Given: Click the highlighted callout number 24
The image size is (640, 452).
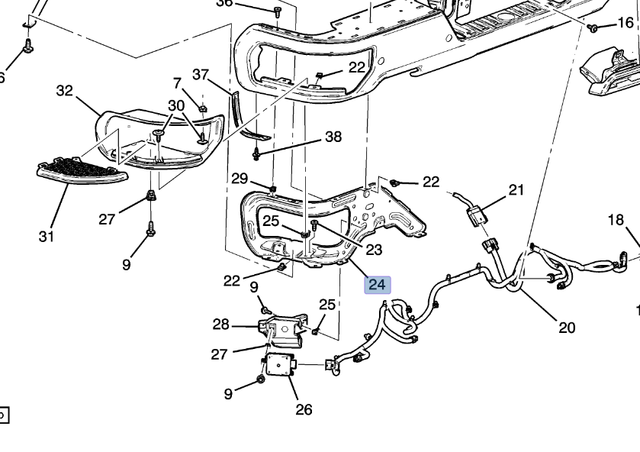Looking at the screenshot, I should click(377, 285).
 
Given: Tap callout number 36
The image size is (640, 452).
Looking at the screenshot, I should click(225, 4).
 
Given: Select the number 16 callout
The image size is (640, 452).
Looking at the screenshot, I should click(626, 22).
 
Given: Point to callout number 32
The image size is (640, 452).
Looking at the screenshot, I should click(65, 91).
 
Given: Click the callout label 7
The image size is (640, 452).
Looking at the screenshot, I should click(177, 83).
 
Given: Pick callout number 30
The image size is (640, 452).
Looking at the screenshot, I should click(176, 105).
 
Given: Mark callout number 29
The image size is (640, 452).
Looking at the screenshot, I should click(239, 178).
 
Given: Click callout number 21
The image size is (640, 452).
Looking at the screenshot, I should click(516, 189).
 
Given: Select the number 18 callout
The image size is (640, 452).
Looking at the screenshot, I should click(616, 219).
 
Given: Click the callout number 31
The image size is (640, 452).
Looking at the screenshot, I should click(46, 237).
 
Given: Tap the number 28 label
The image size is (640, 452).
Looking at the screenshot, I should click(221, 324).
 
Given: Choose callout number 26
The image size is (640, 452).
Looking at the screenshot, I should click(304, 409).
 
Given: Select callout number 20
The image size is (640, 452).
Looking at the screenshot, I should click(567, 327).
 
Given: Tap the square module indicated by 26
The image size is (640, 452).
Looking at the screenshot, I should click(283, 367).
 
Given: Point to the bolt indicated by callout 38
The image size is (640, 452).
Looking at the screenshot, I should click(258, 154).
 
